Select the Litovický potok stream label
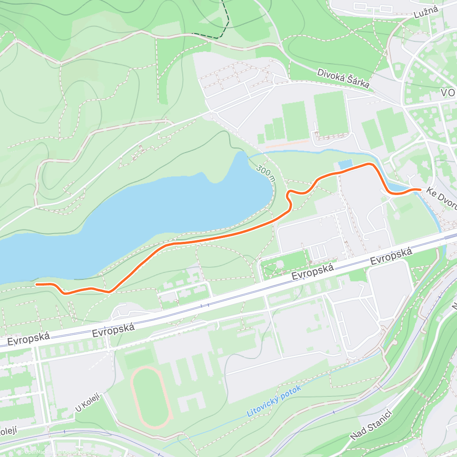pyautogui.click(x=274, y=400)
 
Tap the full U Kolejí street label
pyautogui.click(x=87, y=403)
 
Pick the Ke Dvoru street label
pyautogui.click(x=442, y=198)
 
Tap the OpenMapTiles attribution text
pyautogui.click(x=37, y=452)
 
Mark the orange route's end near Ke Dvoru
pyautogui.click(x=420, y=189)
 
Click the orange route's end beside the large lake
pyautogui.click(x=36, y=284)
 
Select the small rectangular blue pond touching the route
pyautogui.click(x=345, y=165)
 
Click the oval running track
pyautogui.click(x=150, y=397)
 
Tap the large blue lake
pyautogui.click(x=152, y=213)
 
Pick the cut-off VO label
pyautogui.click(x=448, y=93)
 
